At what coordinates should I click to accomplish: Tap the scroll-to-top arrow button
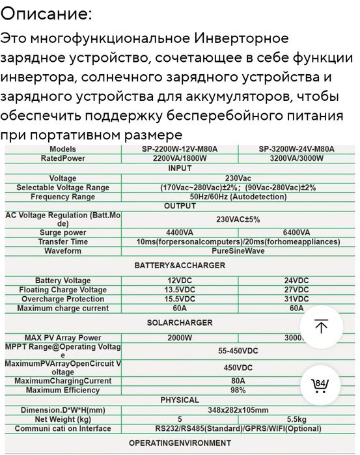[320, 326]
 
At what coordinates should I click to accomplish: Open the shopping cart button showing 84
[320, 384]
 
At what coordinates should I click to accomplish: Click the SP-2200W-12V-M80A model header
[180, 149]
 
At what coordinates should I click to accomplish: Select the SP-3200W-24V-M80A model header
[296, 149]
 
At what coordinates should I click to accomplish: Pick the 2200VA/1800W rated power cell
[180, 158]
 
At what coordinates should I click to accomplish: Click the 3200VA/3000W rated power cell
[296, 158]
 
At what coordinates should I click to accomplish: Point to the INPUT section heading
[180, 168]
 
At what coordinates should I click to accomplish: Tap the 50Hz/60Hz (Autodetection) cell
[238, 197]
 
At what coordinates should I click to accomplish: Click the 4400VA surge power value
[180, 232]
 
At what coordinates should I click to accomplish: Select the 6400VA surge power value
[296, 232]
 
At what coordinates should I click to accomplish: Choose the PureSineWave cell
[238, 251]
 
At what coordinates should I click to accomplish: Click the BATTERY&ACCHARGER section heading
[180, 266]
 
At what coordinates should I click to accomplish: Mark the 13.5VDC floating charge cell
[180, 290]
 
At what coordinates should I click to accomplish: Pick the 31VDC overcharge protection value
[296, 299]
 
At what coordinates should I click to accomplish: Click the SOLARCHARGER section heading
[180, 323]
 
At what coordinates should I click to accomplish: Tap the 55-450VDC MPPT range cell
[238, 350]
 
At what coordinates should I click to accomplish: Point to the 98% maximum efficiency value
[238, 390]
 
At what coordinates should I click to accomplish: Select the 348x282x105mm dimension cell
[238, 410]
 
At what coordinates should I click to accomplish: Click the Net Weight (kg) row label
[62, 419]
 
